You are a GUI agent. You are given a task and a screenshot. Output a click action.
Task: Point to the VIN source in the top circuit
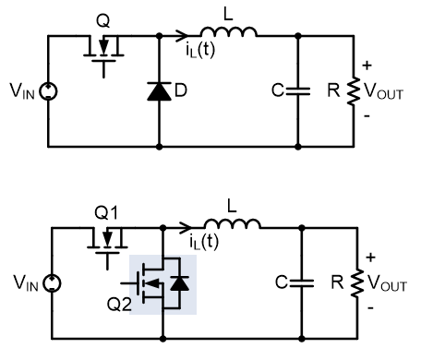tap(47, 92)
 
